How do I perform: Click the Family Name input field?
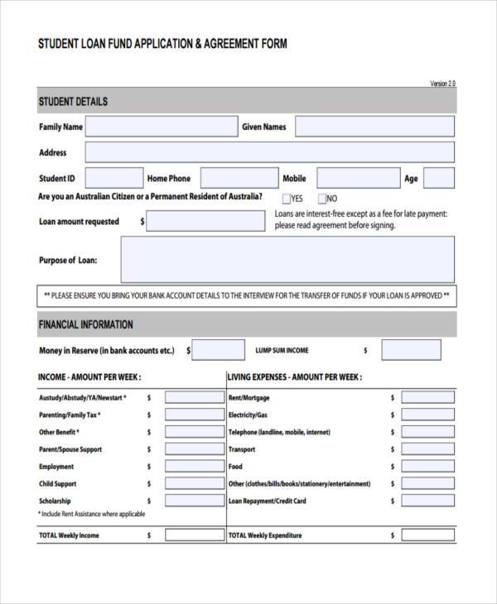(162, 127)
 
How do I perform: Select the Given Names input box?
(374, 127)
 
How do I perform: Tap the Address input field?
(269, 152)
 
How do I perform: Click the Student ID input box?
(113, 178)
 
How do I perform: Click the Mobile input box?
(358, 178)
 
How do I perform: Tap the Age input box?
(439, 178)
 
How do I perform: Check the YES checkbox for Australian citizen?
(287, 199)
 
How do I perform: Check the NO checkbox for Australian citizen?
(321, 199)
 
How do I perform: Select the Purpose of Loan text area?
(287, 259)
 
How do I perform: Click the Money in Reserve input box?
(220, 350)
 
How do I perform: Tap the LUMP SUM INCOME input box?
(411, 350)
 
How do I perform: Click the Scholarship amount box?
(194, 501)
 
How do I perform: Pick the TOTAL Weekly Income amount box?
(194, 535)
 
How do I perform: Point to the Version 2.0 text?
(442, 84)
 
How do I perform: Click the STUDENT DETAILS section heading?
(73, 102)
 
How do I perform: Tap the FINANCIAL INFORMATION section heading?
(85, 324)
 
